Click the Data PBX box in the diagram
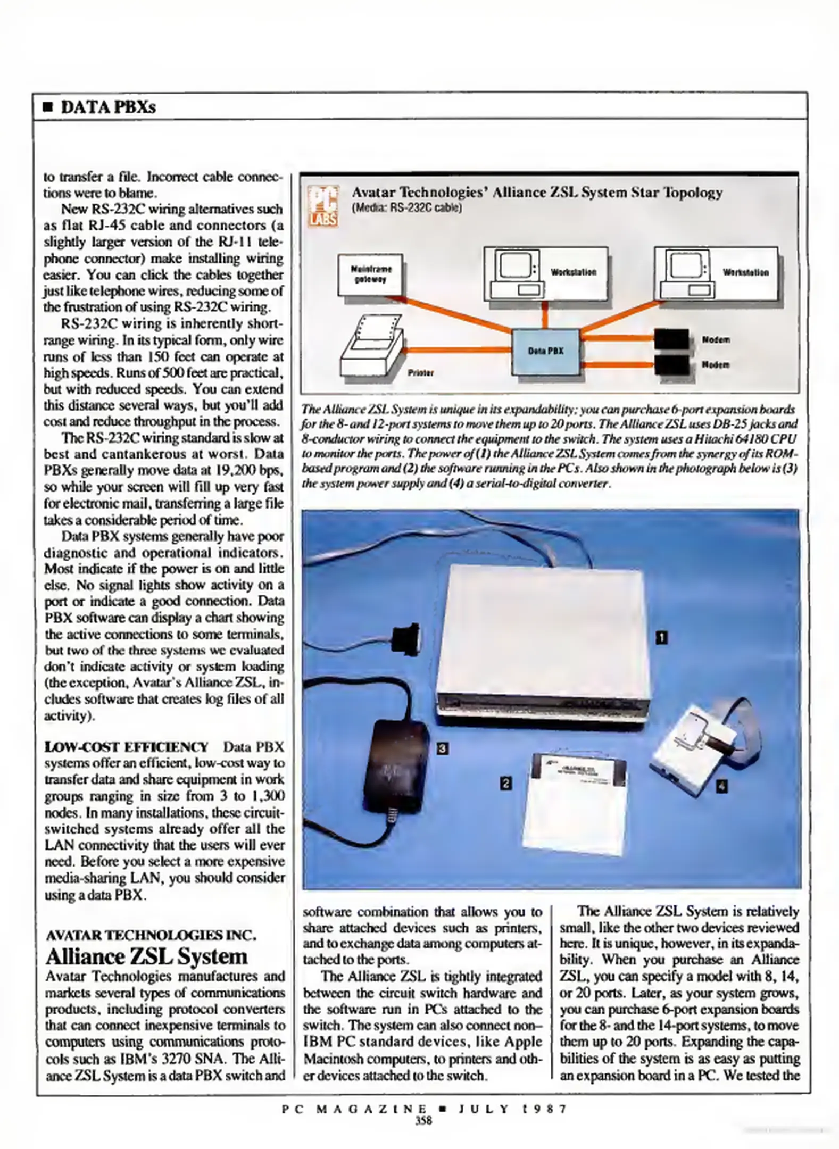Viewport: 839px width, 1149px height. tap(545, 351)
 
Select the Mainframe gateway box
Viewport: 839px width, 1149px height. tap(370, 274)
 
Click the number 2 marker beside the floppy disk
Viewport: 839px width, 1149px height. tap(506, 782)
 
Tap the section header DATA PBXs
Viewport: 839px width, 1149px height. tap(108, 107)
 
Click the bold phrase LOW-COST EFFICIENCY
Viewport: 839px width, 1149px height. tap(127, 747)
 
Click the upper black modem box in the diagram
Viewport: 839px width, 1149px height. tap(671, 338)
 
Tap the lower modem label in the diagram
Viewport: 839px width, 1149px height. tap(716, 365)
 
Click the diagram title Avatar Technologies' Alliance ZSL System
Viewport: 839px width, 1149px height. tap(537, 193)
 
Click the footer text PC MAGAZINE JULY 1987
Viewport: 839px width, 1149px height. tap(424, 1109)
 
